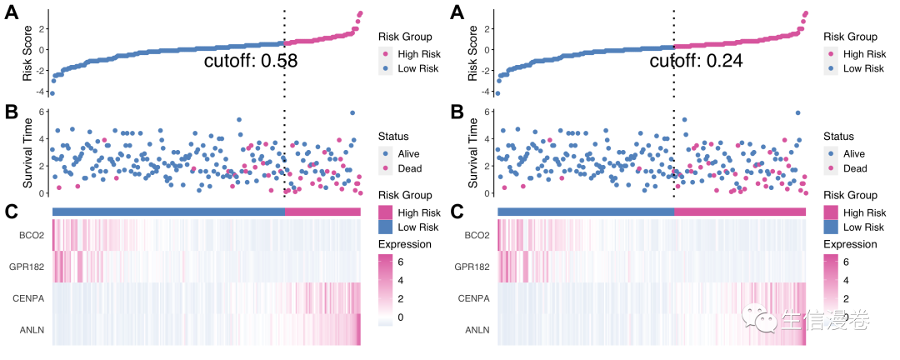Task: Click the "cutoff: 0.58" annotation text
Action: pyautogui.click(x=251, y=61)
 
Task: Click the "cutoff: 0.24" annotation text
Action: pyautogui.click(x=695, y=61)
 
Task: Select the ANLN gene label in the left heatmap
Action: pyautogui.click(x=32, y=331)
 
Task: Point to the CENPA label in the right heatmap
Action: pyautogui.click(x=477, y=298)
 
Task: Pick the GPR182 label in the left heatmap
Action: pyautogui.click(x=28, y=267)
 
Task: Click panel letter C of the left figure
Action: pyautogui.click(x=11, y=212)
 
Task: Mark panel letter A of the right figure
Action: pyautogui.click(x=456, y=13)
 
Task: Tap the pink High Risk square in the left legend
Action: pyautogui.click(x=386, y=212)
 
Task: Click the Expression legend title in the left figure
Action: pyautogui.click(x=404, y=244)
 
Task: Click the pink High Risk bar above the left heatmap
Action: pyautogui.click(x=323, y=212)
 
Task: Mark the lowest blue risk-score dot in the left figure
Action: pyautogui.click(x=52, y=92)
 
